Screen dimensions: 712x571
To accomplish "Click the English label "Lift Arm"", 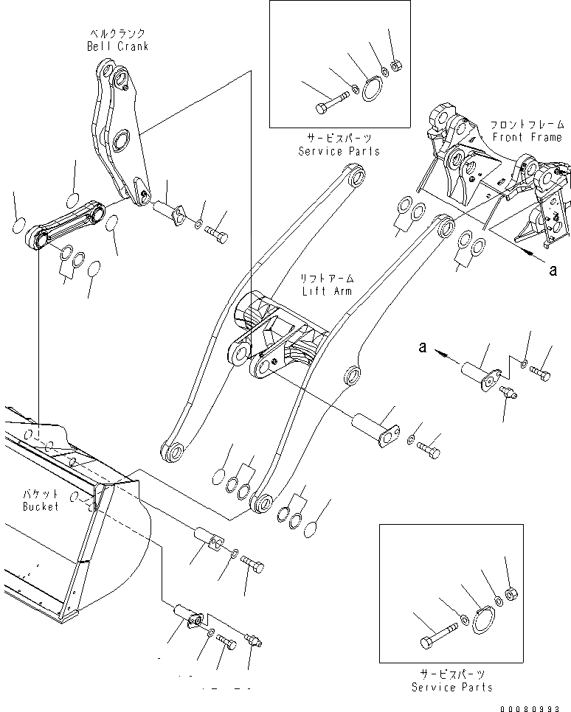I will pyautogui.click(x=326, y=291).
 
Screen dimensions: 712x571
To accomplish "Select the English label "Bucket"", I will pyautogui.click(x=41, y=507).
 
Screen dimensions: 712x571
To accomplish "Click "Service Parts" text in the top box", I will pyautogui.click(x=339, y=151).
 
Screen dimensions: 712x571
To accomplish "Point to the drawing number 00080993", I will pyautogui.click(x=534, y=708).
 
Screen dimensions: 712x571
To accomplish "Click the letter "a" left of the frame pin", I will pyautogui.click(x=423, y=346).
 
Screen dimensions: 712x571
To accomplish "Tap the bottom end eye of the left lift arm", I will pyautogui.click(x=172, y=450).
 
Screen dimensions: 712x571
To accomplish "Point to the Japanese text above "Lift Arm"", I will pyautogui.click(x=326, y=279).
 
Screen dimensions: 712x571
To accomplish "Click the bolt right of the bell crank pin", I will pyautogui.click(x=219, y=235).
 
